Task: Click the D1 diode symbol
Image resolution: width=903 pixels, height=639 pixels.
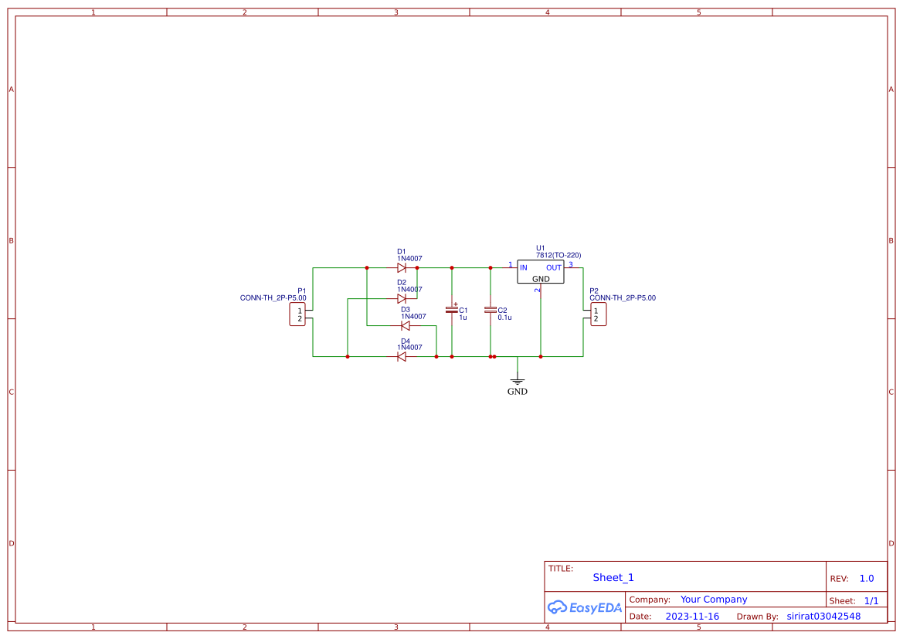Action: tap(402, 268)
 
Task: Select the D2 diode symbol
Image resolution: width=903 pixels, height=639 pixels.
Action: tap(402, 298)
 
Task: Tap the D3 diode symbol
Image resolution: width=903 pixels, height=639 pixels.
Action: tap(406, 325)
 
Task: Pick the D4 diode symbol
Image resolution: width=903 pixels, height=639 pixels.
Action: tap(402, 356)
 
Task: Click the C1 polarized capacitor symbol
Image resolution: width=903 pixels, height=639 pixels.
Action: tap(452, 310)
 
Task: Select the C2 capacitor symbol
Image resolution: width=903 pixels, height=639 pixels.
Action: tap(490, 310)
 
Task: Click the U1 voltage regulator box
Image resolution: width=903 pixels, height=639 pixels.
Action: tap(541, 272)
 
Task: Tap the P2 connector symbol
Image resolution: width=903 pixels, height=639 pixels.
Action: tap(596, 314)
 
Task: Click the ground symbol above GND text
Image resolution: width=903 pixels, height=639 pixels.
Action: tap(518, 380)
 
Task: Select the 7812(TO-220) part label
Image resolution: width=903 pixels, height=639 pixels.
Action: tap(558, 255)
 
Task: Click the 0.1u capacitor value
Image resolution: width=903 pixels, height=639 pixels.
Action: tap(504, 318)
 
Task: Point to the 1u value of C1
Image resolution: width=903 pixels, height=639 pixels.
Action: tap(463, 318)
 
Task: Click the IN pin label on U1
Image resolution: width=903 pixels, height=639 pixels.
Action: tap(524, 268)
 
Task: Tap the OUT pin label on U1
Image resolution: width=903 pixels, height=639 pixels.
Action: tap(554, 268)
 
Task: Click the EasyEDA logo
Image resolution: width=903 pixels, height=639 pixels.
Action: tap(585, 607)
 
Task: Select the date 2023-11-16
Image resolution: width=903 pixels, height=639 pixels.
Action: tap(692, 617)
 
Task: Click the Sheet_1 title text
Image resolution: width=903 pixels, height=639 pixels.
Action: tap(613, 577)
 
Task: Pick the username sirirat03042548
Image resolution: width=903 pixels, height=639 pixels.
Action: tap(823, 617)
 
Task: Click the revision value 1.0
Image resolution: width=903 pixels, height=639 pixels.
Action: tap(867, 579)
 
